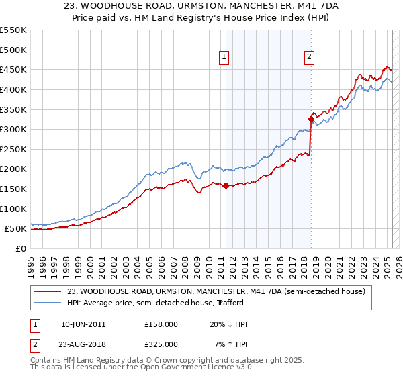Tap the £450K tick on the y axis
pyautogui.click(x=13, y=70)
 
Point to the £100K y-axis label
pyautogui.click(x=13, y=209)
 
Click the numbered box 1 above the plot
pyautogui.click(x=224, y=58)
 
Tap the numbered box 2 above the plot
pyautogui.click(x=309, y=58)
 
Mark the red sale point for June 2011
pyautogui.click(x=226, y=186)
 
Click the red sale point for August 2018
pyautogui.click(x=311, y=120)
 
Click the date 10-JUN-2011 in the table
pyautogui.click(x=83, y=324)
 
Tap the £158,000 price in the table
pyautogui.click(x=161, y=324)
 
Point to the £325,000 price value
pyautogui.click(x=161, y=344)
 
